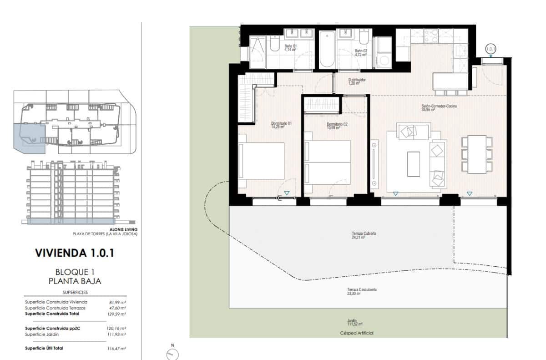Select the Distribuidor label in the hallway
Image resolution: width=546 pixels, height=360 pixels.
(x=357, y=81)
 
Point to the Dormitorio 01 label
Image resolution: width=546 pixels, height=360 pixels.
(x=281, y=125)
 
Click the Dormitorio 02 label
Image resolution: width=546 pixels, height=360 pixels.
(x=337, y=126)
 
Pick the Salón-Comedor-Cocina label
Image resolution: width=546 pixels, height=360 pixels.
(x=439, y=107)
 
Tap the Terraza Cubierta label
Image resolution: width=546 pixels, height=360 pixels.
(x=364, y=235)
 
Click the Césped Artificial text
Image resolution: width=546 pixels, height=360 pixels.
(x=357, y=333)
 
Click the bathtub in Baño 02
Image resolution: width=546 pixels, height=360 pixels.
(x=326, y=50)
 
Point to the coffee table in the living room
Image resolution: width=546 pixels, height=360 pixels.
(x=414, y=164)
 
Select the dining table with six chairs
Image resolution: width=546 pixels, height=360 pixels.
(x=477, y=154)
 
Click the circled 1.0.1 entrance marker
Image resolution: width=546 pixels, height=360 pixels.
(x=490, y=49)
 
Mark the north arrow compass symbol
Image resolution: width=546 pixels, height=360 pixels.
(x=173, y=353)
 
